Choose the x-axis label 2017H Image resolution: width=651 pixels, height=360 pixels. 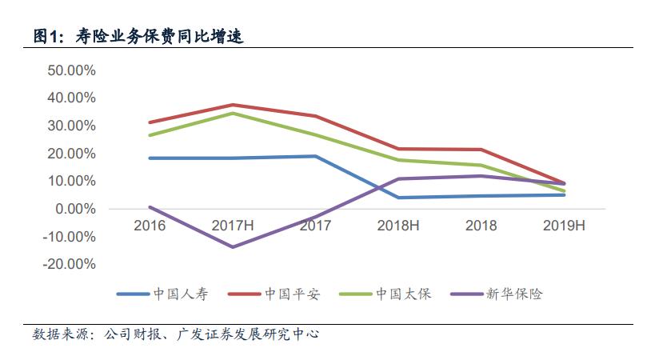(233, 226)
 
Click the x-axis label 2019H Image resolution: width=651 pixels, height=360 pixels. (564, 226)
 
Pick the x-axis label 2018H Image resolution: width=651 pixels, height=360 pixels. (398, 226)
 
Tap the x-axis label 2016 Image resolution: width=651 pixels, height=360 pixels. (150, 226)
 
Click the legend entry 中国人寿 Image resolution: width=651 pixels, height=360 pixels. (180, 294)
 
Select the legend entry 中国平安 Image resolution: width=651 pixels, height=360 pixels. (292, 294)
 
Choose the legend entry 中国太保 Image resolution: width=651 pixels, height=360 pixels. (403, 294)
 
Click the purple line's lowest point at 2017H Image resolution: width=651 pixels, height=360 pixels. (233, 246)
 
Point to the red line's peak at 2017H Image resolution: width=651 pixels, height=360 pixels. (233, 105)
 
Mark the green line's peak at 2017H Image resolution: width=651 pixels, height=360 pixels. (233, 113)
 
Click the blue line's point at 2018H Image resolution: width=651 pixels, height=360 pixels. (398, 198)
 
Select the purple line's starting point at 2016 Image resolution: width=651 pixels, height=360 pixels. (150, 207)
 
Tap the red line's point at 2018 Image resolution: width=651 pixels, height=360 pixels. (481, 150)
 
